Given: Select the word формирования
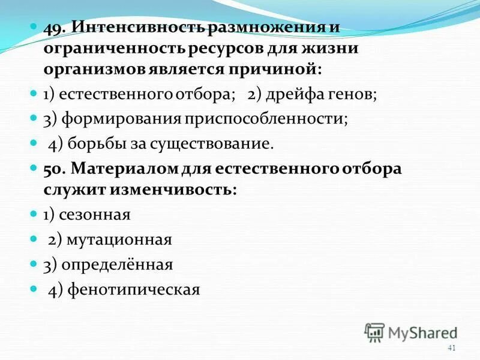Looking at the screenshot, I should pos(117,118).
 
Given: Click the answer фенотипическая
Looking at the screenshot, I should pos(133,289).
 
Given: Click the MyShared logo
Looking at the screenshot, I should pos(411,332).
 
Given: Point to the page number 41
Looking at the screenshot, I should pos(452,349).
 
